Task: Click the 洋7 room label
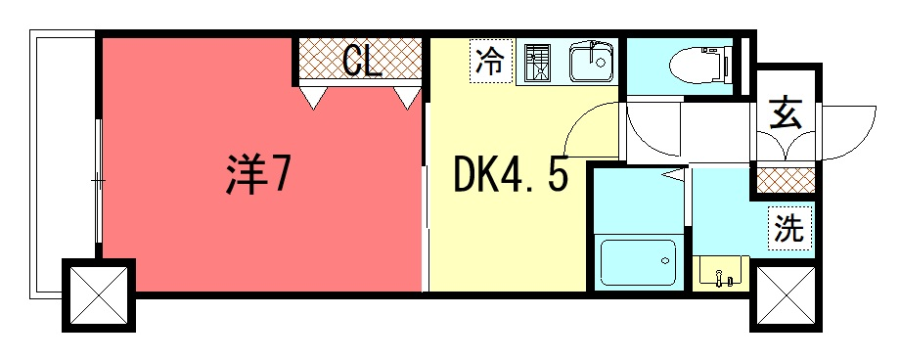point(255,173)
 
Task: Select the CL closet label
point(362,60)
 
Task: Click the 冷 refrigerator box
point(491,62)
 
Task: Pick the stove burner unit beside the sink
point(538,62)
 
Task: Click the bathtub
point(639,262)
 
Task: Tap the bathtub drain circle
point(665,260)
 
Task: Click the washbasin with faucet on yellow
point(721,273)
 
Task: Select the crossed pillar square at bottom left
point(99,295)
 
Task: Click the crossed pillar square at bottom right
point(786,296)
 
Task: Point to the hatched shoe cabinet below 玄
point(786,180)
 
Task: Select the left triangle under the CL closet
point(313,98)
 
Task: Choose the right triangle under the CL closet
point(408,98)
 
